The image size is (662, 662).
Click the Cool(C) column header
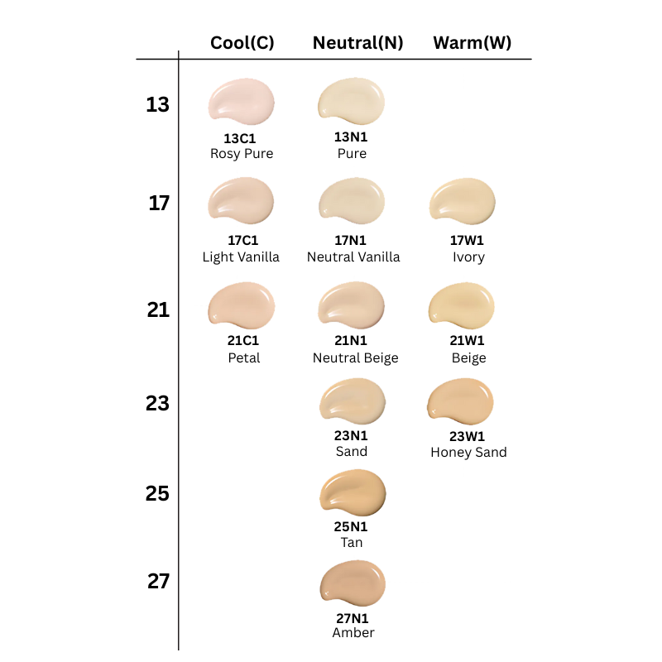[x=242, y=43]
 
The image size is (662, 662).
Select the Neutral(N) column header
[x=357, y=43]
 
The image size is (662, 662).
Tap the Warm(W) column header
[x=473, y=43]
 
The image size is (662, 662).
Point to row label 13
[x=157, y=105]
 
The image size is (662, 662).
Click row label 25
[x=157, y=494]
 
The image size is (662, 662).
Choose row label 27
[x=158, y=582]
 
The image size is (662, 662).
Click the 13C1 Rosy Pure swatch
[x=241, y=102]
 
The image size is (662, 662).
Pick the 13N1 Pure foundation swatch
[x=352, y=100]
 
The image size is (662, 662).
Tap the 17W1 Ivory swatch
[x=463, y=202]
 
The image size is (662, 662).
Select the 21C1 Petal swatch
[x=241, y=305]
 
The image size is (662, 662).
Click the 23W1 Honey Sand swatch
[x=461, y=402]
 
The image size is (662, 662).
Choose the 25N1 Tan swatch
[x=353, y=492]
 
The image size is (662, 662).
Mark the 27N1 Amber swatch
[x=353, y=583]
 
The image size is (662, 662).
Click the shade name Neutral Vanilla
[x=353, y=257]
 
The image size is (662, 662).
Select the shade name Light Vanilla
[x=241, y=257]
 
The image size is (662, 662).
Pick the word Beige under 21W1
[x=469, y=358]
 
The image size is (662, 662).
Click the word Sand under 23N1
[x=352, y=452]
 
